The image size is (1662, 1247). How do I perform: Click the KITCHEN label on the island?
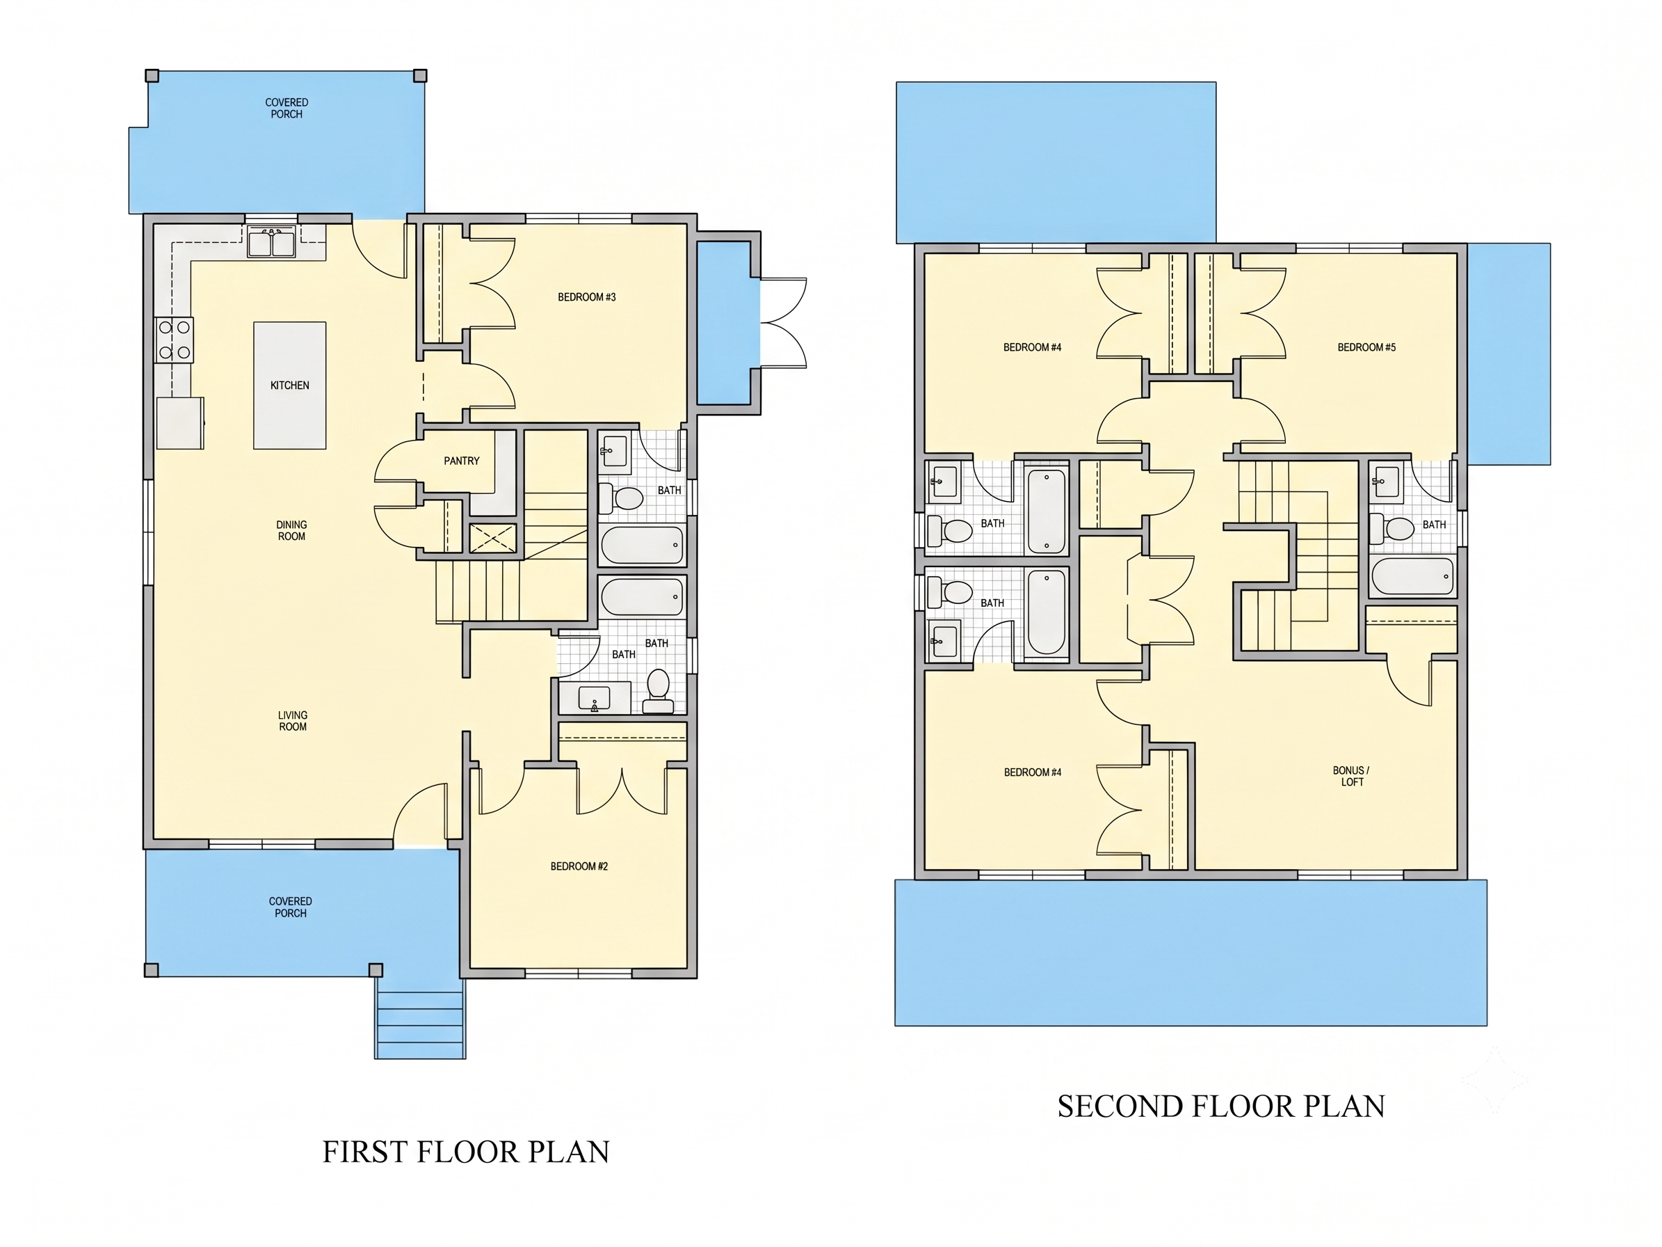289,386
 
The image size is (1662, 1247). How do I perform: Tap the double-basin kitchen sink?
271,244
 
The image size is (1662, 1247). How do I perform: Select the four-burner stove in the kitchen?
175,340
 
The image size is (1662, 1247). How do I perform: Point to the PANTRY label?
461,461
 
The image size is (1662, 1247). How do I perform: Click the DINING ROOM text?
291,531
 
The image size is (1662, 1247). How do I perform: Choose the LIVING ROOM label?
292,721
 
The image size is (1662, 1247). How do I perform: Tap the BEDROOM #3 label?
587,297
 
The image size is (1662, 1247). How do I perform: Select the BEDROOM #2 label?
579,866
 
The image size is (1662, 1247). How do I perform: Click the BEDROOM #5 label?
1366,347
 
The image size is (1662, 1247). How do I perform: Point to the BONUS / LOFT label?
1352,776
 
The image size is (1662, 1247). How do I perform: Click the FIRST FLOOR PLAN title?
466,1152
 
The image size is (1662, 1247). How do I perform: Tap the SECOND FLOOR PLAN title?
1221,1106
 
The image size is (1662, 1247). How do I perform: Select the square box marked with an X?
493,538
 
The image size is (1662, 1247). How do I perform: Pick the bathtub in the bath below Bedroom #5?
1412,576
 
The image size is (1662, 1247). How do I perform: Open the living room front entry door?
421,813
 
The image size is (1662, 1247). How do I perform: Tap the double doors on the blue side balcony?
784,323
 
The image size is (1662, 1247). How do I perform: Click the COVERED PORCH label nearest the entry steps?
290,907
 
